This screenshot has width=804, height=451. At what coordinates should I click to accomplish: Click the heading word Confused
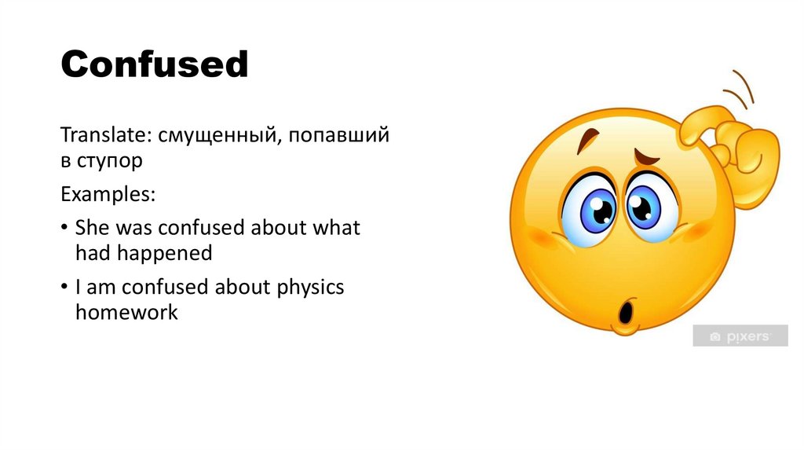click(x=155, y=64)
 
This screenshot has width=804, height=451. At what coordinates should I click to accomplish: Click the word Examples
click(x=108, y=194)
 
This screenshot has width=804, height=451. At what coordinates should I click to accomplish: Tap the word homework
click(x=127, y=312)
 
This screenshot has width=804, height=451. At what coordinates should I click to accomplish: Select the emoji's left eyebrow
click(x=584, y=142)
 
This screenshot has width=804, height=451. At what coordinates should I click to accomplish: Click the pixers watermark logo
click(x=740, y=336)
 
